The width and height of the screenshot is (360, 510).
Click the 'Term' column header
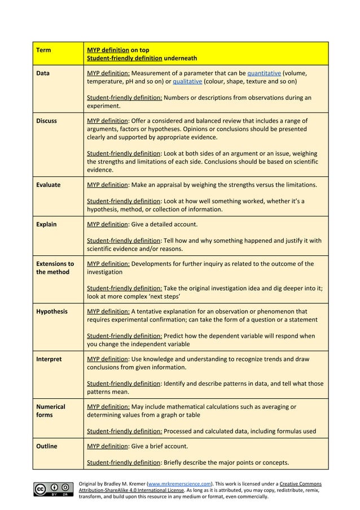point(43,50)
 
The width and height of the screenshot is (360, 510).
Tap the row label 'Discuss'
point(46,121)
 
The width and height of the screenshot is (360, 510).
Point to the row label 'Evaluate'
point(48,185)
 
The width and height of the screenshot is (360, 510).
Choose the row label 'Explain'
point(46,224)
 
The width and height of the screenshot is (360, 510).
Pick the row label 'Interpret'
point(49,359)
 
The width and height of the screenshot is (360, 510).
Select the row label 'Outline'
point(46,446)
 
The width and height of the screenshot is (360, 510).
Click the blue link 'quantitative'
point(264,73)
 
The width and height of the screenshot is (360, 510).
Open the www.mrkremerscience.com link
point(179,484)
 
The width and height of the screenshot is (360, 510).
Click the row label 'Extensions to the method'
point(55,268)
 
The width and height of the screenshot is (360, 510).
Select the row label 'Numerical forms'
point(50,411)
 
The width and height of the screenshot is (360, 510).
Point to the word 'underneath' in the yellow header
point(181,58)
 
